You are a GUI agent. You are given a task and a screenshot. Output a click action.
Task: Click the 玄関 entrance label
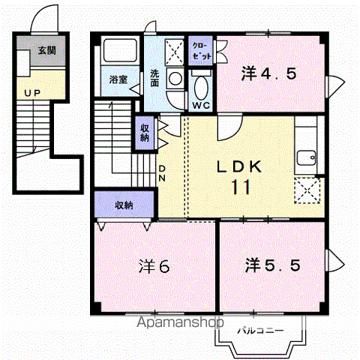click(46, 51)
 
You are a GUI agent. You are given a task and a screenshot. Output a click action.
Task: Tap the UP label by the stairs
click(32, 93)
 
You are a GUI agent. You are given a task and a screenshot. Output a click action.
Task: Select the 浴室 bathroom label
click(118, 79)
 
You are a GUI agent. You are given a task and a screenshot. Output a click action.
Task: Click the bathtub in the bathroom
click(121, 51)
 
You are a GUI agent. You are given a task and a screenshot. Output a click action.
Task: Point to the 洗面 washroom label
click(154, 78)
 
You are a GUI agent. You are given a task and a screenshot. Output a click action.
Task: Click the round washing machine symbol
click(175, 79)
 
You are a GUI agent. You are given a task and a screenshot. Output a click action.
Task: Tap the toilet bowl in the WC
click(202, 88)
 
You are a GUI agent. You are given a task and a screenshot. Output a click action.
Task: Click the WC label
click(201, 106)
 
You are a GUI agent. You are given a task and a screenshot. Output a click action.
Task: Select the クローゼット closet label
click(201, 51)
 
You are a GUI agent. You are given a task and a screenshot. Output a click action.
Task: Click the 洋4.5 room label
click(268, 73)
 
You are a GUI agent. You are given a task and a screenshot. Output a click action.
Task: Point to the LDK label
click(239, 166)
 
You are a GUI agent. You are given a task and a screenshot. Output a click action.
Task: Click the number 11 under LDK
click(241, 187)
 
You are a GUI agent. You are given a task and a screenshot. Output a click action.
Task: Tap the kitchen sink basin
click(306, 157)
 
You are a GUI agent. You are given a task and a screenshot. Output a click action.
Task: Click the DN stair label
click(162, 173)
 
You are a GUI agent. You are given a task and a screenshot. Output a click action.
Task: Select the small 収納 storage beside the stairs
click(145, 133)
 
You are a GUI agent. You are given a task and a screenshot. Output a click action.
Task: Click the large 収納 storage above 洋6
click(124, 205)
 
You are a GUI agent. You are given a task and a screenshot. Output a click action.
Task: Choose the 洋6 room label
click(154, 266)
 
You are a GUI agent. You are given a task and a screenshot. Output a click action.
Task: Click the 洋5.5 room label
click(272, 265)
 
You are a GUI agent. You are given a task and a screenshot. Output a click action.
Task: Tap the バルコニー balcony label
click(260, 331)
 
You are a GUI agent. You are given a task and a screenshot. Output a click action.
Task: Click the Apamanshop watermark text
click(180, 322)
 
